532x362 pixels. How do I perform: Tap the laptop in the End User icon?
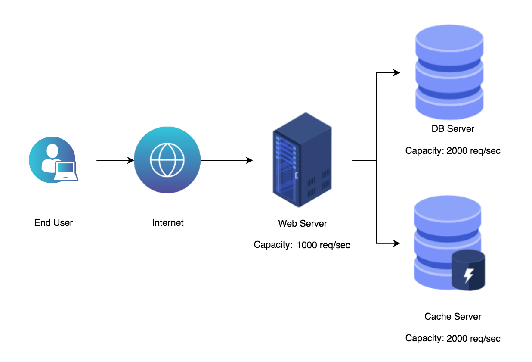(x=66, y=171)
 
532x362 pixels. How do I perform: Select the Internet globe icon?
(x=167, y=160)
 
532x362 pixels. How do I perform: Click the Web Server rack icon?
(x=302, y=160)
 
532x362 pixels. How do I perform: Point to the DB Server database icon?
(x=449, y=72)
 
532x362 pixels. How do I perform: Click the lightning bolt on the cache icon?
(x=469, y=275)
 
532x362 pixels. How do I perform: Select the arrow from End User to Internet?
(x=115, y=160)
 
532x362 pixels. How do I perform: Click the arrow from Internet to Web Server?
(x=227, y=160)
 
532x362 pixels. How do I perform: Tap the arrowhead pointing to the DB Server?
(x=396, y=72)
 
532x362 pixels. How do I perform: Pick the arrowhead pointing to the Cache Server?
(x=396, y=243)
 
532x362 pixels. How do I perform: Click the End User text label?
(x=53, y=223)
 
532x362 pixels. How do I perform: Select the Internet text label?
(x=168, y=223)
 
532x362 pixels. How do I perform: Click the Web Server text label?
(x=303, y=223)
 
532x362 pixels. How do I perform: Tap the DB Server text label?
(x=453, y=129)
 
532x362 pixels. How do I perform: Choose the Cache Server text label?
(x=453, y=317)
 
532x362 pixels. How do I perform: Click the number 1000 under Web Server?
(x=307, y=245)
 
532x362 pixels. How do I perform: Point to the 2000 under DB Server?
(x=457, y=150)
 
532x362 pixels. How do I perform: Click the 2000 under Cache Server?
(x=457, y=338)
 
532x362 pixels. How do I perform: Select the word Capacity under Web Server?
(x=273, y=245)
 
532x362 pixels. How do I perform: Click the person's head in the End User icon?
(x=52, y=151)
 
